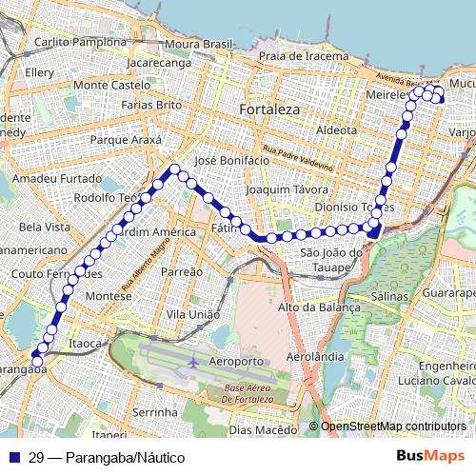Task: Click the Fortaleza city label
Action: [x=269, y=109]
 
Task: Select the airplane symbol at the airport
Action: [x=194, y=363]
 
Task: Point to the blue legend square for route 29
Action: [x=13, y=458]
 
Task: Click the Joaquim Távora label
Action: [x=279, y=189]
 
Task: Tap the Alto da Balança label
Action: [x=319, y=307]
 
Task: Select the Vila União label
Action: [x=193, y=314]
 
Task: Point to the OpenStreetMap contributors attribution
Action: [x=392, y=426]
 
